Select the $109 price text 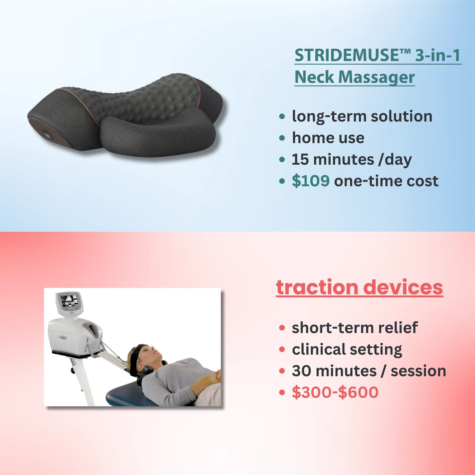coord(311,181)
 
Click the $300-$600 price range coord(335,392)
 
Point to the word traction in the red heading coord(317,287)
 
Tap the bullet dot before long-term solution coord(282,117)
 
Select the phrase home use coord(328,138)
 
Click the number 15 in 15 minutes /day coord(300,160)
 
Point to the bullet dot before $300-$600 coord(282,392)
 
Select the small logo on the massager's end coord(46,135)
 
